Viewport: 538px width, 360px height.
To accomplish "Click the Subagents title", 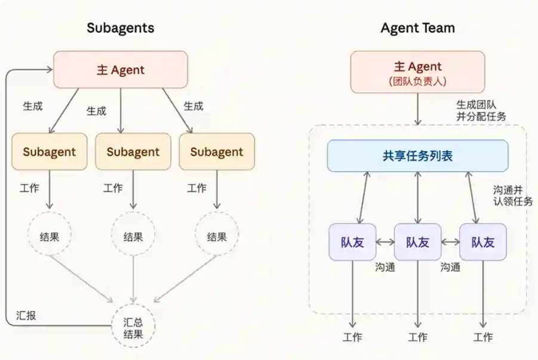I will (x=120, y=28).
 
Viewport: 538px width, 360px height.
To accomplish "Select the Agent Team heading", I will (x=417, y=28).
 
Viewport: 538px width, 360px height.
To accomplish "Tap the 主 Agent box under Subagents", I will (x=121, y=69).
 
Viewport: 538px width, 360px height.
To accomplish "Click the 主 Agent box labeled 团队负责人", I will (x=417, y=72).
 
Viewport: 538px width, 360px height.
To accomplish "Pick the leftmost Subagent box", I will (x=50, y=152).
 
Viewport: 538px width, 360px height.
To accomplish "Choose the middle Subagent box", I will (x=133, y=152).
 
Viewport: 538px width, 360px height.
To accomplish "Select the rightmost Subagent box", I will (x=217, y=152).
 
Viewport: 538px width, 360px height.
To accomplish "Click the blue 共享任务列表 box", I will (x=417, y=156).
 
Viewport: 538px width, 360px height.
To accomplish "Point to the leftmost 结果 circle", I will (x=50, y=237).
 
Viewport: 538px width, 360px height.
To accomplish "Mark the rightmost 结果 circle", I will (x=217, y=237).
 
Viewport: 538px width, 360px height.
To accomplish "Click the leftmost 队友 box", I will (x=352, y=242).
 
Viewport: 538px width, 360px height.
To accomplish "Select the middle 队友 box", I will (x=417, y=242).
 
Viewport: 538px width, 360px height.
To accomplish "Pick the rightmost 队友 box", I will (x=482, y=242).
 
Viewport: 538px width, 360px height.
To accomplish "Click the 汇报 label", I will (x=26, y=316).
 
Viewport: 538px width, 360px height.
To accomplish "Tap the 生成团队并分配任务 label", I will (x=481, y=110).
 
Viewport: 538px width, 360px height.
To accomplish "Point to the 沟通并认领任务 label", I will (x=512, y=195).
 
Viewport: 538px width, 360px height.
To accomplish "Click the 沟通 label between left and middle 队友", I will (x=385, y=267).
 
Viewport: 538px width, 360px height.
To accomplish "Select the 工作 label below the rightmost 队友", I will (x=483, y=337).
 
